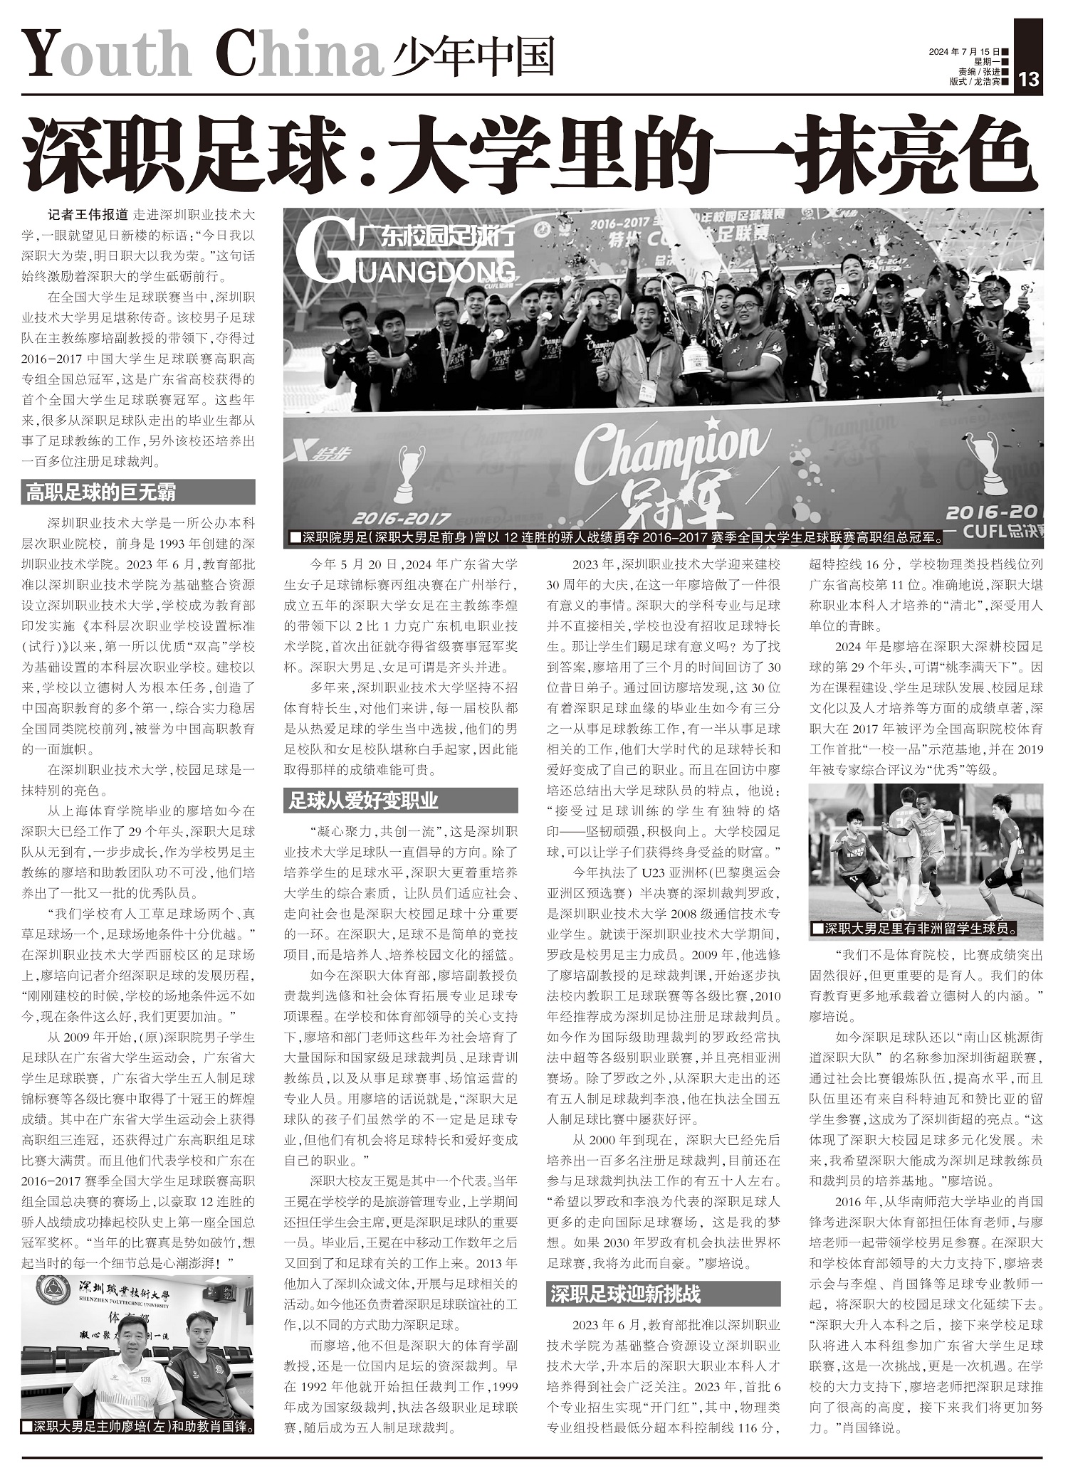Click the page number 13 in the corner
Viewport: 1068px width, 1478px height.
(1030, 79)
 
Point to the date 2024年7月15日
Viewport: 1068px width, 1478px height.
(968, 52)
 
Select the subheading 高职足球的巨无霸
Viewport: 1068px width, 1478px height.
(101, 492)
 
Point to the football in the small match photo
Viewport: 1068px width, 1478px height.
(898, 912)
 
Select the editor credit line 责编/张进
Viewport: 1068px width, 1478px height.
(978, 72)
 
